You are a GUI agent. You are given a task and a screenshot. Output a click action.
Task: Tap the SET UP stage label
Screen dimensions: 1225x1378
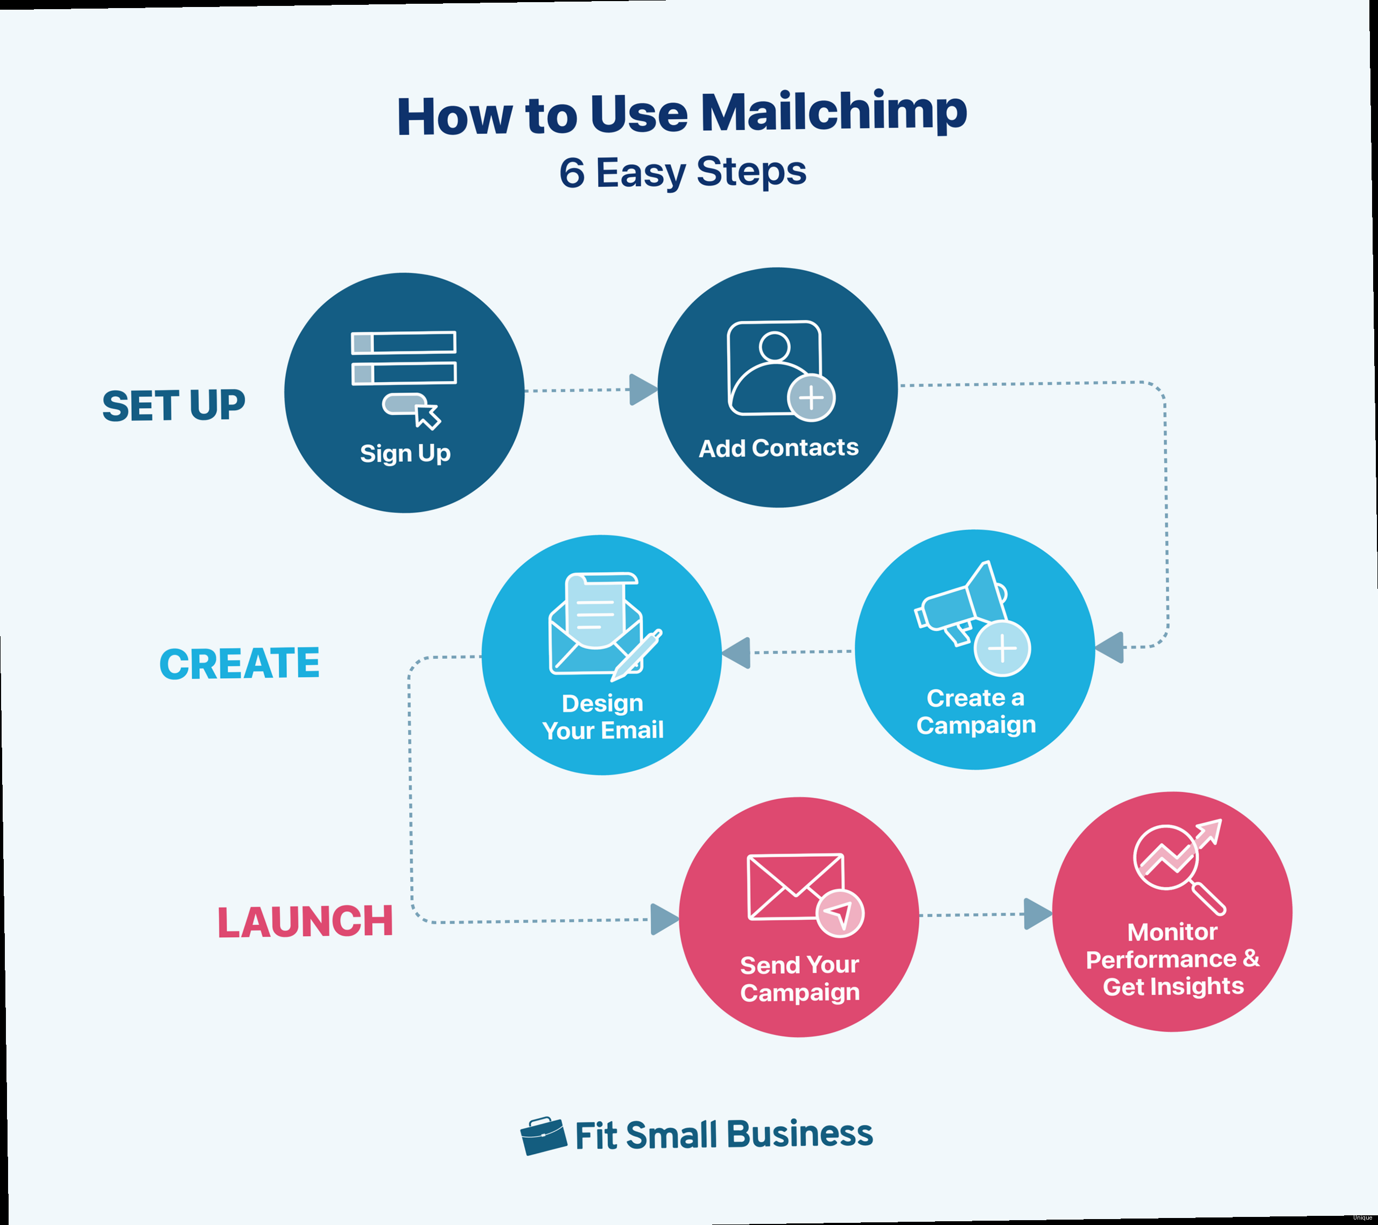pyautogui.click(x=173, y=406)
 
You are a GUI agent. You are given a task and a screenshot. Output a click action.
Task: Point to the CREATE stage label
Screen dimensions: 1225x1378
pyautogui.click(x=240, y=664)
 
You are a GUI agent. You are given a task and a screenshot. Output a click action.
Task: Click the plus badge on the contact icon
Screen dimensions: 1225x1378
pyautogui.click(x=811, y=398)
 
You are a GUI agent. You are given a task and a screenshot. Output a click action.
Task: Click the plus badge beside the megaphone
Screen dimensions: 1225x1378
pyautogui.click(x=1002, y=649)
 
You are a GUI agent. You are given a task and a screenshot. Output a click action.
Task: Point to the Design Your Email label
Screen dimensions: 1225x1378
pyautogui.click(x=603, y=717)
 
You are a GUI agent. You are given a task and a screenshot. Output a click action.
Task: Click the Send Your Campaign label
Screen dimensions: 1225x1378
pyautogui.click(x=799, y=978)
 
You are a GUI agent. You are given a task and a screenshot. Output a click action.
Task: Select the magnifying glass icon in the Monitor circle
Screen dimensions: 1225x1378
pyautogui.click(x=1177, y=867)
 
